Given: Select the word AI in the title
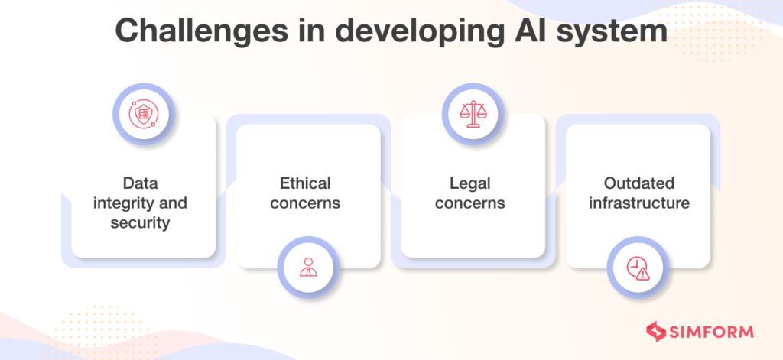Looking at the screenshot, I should click(523, 34).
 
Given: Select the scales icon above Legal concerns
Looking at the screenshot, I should click(473, 115).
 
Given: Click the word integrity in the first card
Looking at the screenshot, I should click(122, 203).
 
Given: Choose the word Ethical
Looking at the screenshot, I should click(306, 183).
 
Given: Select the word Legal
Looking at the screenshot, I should click(473, 183).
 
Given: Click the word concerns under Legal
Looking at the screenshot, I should click(473, 203).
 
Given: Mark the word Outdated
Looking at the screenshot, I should click(638, 183).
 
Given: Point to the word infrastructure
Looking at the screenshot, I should click(638, 203).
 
